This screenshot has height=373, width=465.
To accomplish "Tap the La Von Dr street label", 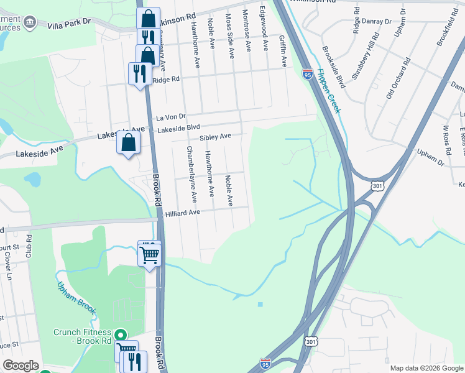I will click(x=171, y=117).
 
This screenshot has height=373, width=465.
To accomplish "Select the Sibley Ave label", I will click(x=215, y=136).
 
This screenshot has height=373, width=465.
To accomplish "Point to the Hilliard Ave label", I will click(x=182, y=213).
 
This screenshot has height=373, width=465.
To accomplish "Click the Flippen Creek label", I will click(x=328, y=90).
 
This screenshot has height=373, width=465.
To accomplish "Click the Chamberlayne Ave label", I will click(x=191, y=175).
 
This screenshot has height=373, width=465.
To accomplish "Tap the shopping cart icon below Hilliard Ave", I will click(x=150, y=254).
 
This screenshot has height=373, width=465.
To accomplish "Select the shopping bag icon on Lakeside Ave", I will click(x=128, y=142).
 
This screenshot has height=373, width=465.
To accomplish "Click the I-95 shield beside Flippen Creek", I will click(x=307, y=74).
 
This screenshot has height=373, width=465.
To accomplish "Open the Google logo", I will click(x=21, y=366).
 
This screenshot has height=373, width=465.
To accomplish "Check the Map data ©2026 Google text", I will click(x=426, y=368).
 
